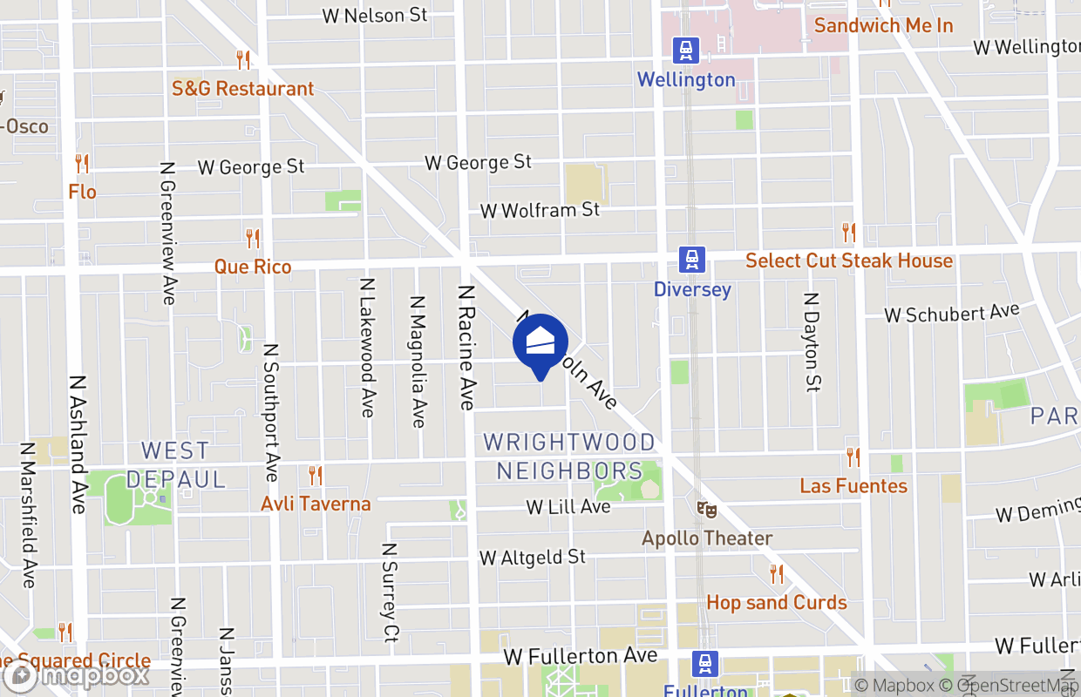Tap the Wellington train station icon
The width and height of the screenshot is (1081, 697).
coord(687,50)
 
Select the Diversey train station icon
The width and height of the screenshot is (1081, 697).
coord(692,259)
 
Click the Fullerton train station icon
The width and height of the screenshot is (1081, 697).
coord(705,664)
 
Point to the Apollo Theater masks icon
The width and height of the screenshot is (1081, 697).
coord(706,508)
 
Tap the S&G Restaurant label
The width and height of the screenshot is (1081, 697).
coord(242,89)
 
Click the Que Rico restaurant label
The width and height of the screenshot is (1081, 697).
coord(253,267)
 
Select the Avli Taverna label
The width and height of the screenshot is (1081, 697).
coord(316,504)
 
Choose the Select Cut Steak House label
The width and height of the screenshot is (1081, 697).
coord(848,261)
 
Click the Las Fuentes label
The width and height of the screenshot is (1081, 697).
coord(853,485)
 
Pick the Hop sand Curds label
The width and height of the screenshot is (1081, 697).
coord(776,602)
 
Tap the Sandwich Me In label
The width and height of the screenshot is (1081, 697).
coord(883,25)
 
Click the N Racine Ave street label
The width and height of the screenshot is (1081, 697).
coord(466,347)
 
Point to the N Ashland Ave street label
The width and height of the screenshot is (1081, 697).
coord(79,443)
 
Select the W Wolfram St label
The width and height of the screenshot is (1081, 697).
coord(540,210)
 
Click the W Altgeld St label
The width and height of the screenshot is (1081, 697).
coord(533,557)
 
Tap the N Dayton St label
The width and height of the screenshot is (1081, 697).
coord(812,342)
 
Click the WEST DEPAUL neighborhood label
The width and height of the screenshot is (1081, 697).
coord(176,464)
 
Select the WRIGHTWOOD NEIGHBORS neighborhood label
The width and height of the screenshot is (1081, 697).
coord(569,457)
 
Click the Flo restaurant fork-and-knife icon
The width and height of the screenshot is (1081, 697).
coord(82,163)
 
